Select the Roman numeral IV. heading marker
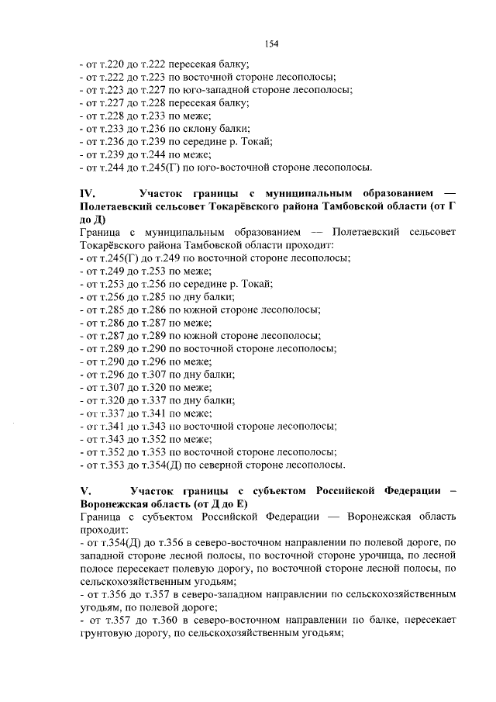87,192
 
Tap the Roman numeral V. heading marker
85,491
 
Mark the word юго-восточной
234,167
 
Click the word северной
219,465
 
